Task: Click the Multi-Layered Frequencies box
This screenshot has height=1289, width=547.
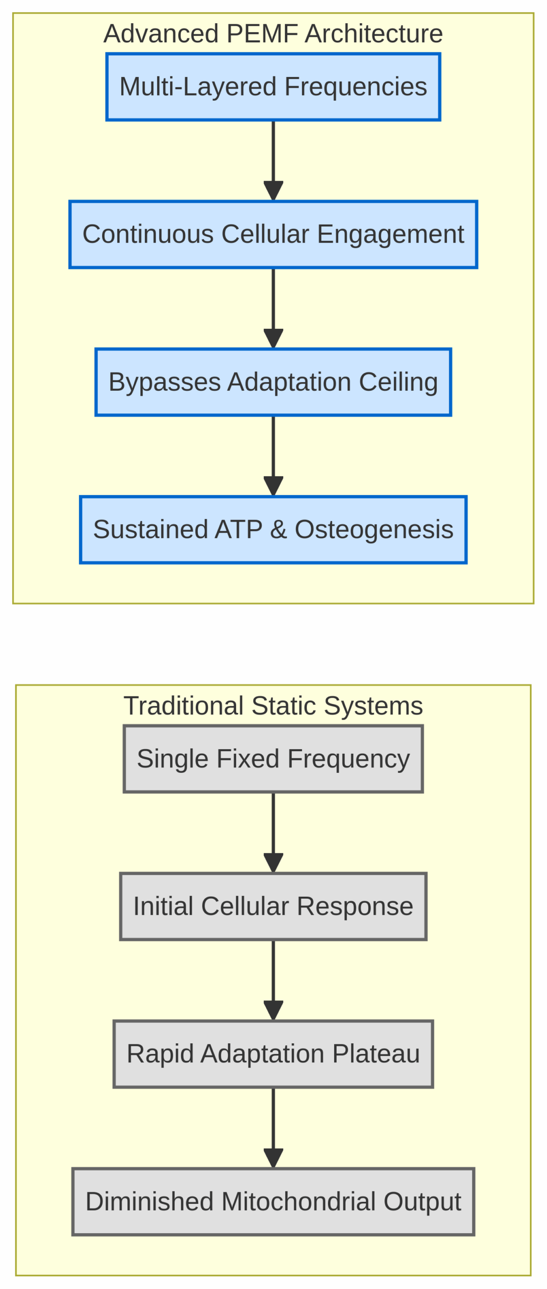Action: tap(273, 87)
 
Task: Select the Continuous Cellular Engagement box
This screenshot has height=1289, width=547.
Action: tap(273, 234)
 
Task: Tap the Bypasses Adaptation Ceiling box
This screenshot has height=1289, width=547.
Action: tap(273, 382)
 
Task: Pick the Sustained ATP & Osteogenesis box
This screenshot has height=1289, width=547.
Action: tap(273, 529)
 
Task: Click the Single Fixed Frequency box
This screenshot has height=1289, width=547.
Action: tap(273, 758)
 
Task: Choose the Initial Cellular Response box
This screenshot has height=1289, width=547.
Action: tap(273, 906)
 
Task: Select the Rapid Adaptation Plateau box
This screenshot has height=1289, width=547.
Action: tap(273, 1053)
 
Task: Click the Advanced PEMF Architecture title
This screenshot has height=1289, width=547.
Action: tap(273, 34)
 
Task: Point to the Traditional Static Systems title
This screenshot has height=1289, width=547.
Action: tap(273, 705)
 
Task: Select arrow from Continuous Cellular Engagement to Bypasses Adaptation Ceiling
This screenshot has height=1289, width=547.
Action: tap(273, 308)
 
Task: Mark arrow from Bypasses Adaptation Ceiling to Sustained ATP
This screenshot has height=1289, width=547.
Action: tap(273, 455)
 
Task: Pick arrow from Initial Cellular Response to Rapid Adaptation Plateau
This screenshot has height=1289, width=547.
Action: tap(273, 979)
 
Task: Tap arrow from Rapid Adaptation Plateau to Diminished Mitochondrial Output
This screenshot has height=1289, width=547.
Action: tap(273, 1127)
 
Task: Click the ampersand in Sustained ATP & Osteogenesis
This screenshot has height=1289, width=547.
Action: tap(278, 529)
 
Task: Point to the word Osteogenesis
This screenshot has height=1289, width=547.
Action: tap(374, 529)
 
